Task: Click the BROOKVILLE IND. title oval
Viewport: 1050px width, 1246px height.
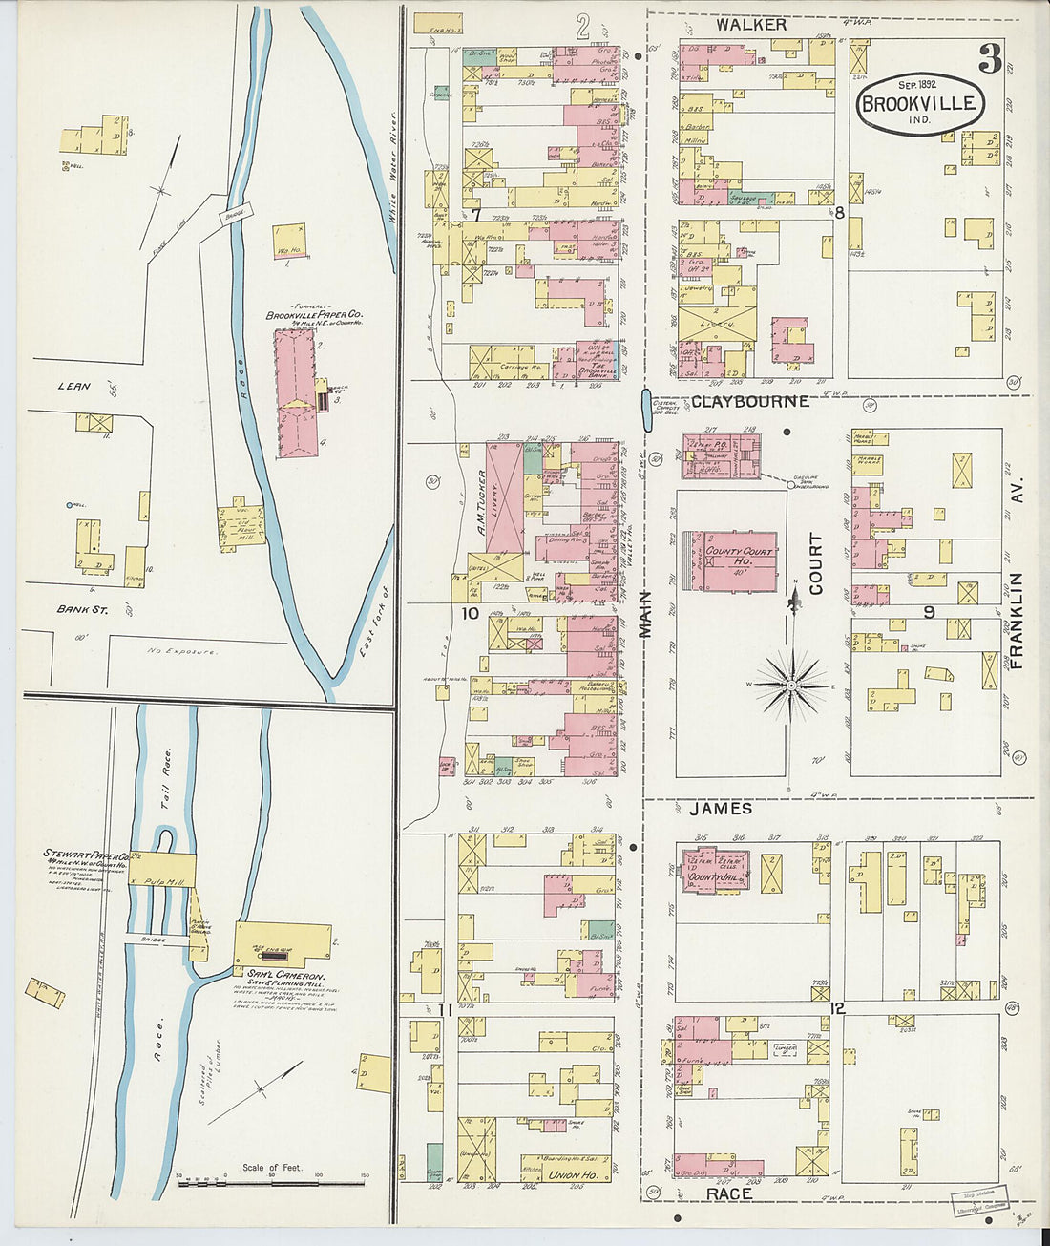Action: tap(919, 104)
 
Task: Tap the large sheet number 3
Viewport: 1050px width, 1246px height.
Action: tap(990, 59)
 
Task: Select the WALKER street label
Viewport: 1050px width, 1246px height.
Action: tap(751, 25)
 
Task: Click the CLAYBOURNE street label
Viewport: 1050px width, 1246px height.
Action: tap(749, 402)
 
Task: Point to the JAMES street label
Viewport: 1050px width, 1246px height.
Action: tap(721, 809)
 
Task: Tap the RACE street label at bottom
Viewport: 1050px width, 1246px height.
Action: tap(729, 1194)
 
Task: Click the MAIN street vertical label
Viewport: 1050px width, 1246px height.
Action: tap(646, 614)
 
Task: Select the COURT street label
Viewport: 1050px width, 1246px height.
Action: tap(816, 564)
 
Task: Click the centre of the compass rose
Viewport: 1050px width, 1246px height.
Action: tap(791, 685)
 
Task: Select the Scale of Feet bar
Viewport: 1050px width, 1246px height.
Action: tap(271, 1183)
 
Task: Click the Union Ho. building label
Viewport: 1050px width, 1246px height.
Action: tap(573, 1174)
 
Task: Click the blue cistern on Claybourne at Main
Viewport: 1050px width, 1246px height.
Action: tap(645, 403)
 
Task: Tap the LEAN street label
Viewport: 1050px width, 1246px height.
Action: tap(73, 386)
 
